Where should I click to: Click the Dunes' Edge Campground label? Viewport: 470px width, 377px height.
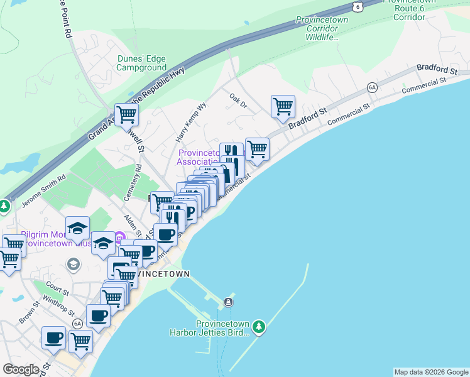(141, 63)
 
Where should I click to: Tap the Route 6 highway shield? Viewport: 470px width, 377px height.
(357, 6)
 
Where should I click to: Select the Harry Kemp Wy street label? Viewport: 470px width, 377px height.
(191, 121)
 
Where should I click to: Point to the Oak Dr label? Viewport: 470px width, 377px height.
(238, 101)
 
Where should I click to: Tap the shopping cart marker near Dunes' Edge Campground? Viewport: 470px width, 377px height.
(126, 114)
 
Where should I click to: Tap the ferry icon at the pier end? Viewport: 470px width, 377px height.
(228, 302)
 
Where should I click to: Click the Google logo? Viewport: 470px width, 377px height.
(21, 369)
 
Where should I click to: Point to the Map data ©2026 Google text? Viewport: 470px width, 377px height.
(431, 372)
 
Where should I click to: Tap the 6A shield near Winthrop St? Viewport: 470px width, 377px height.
(77, 323)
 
